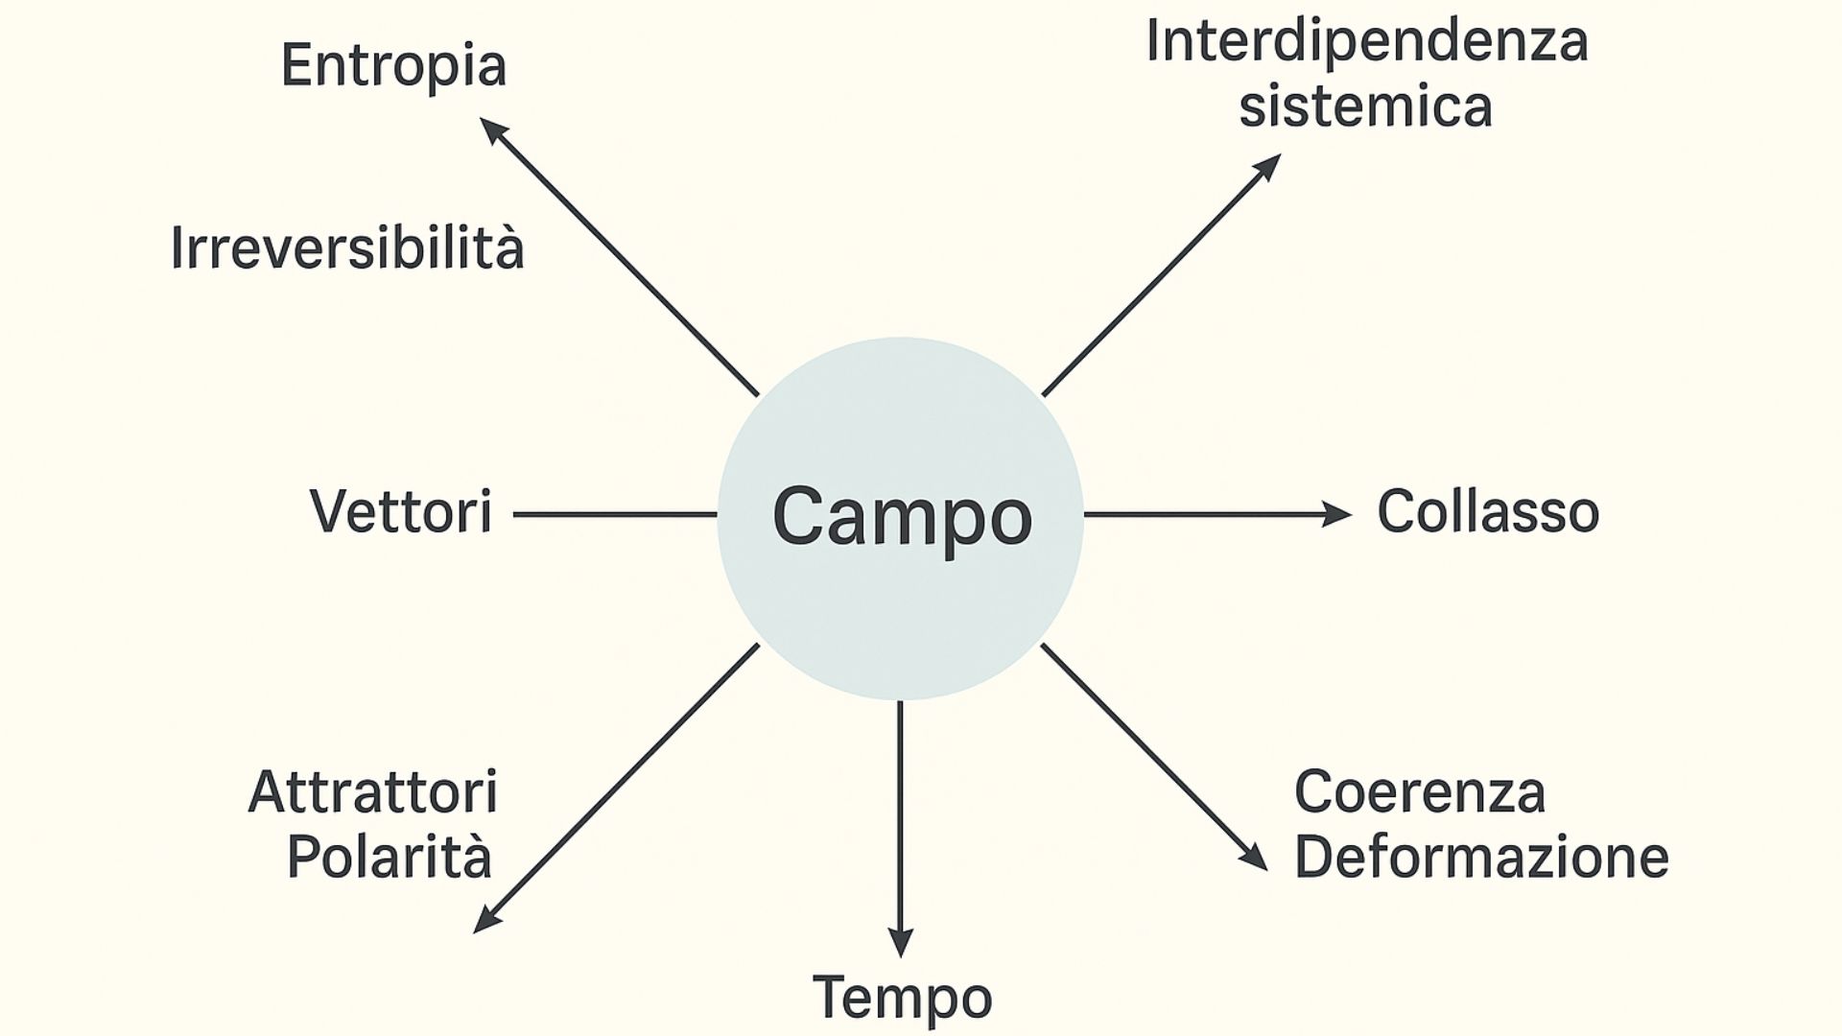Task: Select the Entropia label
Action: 393,66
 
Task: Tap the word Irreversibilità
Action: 347,247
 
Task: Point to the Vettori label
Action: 401,511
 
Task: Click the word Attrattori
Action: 373,792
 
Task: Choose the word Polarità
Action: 390,857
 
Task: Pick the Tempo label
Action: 902,999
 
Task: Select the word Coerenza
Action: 1420,792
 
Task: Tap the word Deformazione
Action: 1481,857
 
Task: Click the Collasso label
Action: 1488,511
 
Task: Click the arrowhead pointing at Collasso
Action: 1338,514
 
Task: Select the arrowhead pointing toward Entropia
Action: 492,130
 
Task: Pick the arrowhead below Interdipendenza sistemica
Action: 1268,167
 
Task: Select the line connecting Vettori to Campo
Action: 614,514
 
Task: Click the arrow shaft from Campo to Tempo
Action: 900,815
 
